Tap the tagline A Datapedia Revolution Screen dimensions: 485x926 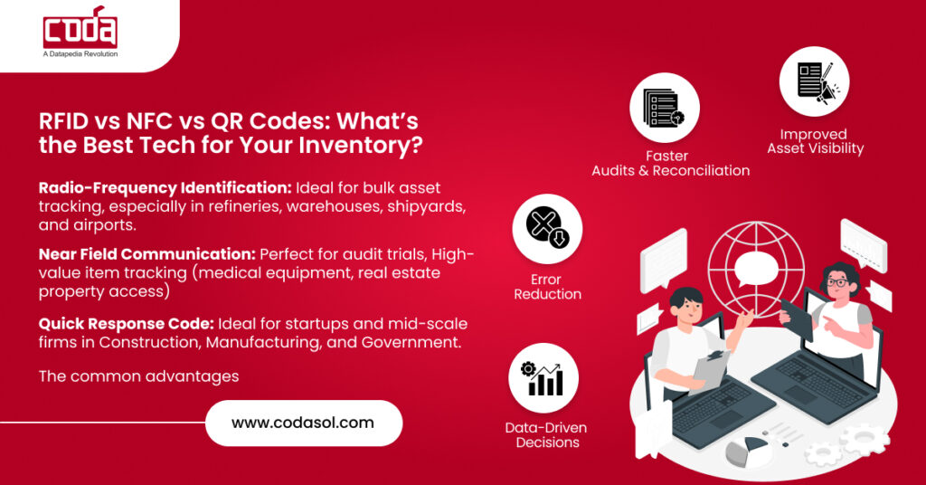(80, 54)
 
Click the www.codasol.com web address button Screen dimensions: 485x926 (303, 423)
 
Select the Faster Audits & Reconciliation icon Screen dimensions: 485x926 (665, 108)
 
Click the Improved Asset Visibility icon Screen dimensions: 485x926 (814, 81)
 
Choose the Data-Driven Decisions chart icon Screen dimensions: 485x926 (543, 377)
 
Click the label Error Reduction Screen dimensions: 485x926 (547, 287)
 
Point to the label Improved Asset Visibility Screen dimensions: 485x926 (815, 141)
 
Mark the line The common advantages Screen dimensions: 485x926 (138, 376)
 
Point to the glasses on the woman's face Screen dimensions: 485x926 (838, 283)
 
